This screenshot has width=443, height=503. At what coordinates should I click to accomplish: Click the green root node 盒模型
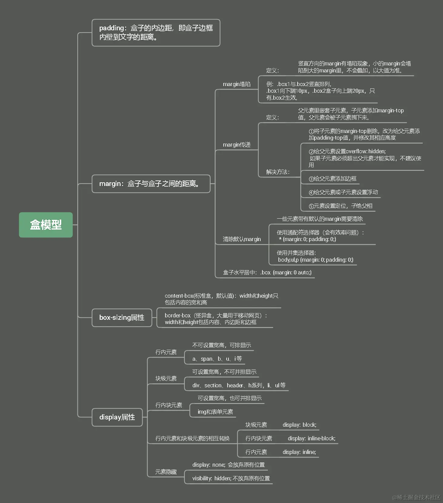click(46, 225)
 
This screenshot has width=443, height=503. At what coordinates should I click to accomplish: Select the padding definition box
click(156, 33)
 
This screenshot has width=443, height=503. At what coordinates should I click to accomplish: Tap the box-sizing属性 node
click(122, 317)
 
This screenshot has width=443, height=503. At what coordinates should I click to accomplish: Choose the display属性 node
click(117, 417)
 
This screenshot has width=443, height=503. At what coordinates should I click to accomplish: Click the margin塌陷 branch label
click(237, 84)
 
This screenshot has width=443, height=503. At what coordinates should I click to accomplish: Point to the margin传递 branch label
click(237, 145)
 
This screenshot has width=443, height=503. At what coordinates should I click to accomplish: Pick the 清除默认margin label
click(241, 239)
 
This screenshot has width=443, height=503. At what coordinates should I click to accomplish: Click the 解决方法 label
click(278, 172)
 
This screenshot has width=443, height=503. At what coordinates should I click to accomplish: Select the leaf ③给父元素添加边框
click(332, 179)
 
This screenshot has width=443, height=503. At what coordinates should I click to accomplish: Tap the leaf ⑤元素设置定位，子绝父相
click(340, 206)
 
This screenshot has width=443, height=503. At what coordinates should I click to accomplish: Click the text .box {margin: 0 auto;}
click(286, 273)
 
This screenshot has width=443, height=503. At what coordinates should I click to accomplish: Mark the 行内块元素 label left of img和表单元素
click(169, 405)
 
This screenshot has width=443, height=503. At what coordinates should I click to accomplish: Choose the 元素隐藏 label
click(166, 472)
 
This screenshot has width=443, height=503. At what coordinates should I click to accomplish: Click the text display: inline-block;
click(311, 438)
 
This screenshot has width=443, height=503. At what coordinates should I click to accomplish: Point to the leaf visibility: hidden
click(231, 478)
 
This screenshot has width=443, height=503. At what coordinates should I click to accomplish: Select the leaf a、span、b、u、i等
click(217, 359)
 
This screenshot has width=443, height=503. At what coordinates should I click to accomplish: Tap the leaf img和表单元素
click(215, 412)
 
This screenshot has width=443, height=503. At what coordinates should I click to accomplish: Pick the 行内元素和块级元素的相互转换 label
click(192, 438)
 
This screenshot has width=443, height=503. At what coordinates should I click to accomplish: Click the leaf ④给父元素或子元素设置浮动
click(343, 192)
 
